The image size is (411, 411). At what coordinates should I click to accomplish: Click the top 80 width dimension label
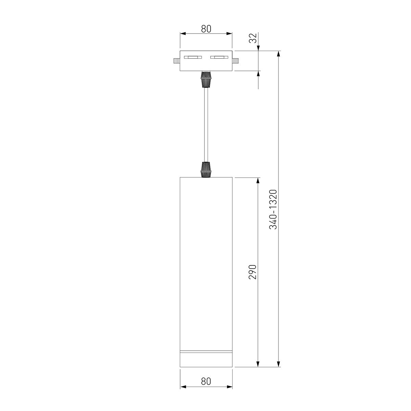pyautogui.click(x=206, y=29)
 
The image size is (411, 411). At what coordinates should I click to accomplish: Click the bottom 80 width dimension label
pyautogui.click(x=206, y=381)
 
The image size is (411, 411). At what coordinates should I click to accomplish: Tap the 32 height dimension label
pyautogui.click(x=253, y=38)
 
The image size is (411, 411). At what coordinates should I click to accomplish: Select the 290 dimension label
pyautogui.click(x=253, y=272)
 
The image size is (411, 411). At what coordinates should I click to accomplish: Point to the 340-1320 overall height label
pyautogui.click(x=273, y=210)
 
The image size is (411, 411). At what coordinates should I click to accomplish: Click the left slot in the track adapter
pyautogui.click(x=193, y=57)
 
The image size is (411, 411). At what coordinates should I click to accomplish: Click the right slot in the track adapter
pyautogui.click(x=219, y=57)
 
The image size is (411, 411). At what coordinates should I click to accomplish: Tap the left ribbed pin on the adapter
pyautogui.click(x=177, y=61)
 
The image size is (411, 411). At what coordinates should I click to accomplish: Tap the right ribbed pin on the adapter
pyautogui.click(x=235, y=61)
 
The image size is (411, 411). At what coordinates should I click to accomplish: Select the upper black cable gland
pyautogui.click(x=206, y=79)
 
